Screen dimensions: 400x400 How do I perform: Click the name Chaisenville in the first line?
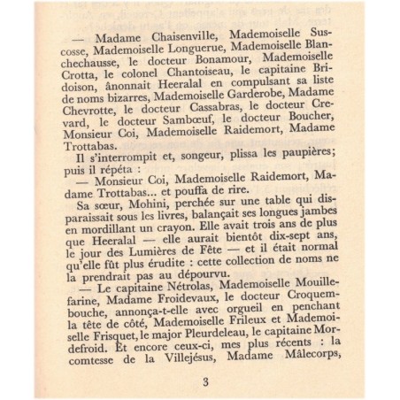[175, 35]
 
